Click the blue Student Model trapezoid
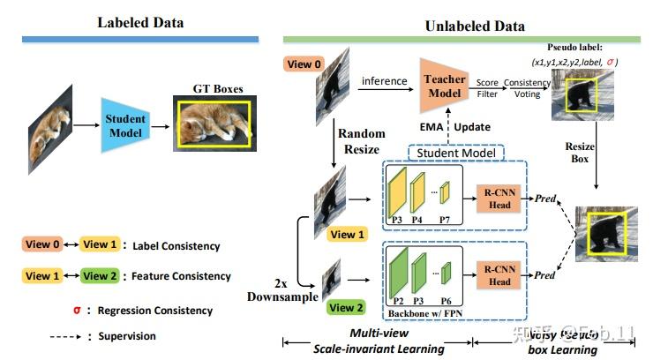tap(125, 125)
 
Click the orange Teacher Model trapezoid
tap(444, 85)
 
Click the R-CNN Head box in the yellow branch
tap(499, 198)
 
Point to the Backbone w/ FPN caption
tap(426, 314)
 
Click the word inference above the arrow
tap(384, 81)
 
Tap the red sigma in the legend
tap(76, 310)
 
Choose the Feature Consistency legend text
tap(176, 276)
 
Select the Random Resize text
tap(362, 141)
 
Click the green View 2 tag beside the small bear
tap(346, 307)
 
